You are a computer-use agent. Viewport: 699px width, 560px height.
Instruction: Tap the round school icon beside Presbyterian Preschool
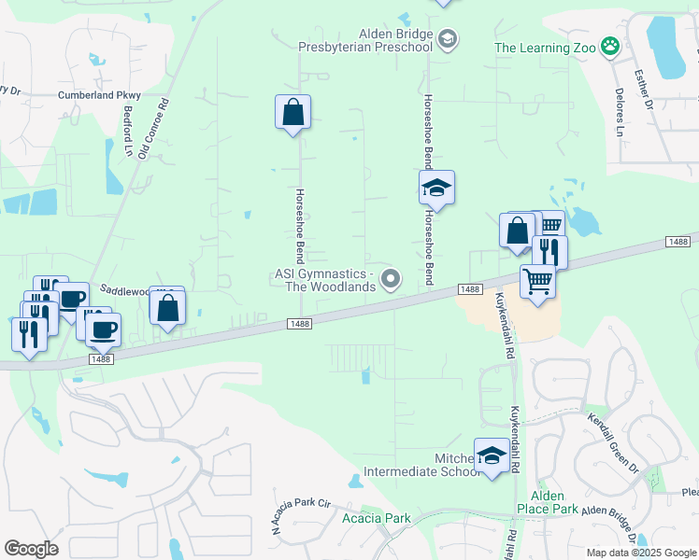(448, 37)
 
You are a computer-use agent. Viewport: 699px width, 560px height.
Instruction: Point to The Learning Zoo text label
(545, 47)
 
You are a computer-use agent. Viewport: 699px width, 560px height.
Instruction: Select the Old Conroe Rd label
(154, 128)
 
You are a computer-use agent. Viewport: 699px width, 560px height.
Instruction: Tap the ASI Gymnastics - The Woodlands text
(326, 280)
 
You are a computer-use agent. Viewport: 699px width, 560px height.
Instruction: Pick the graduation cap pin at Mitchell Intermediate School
(492, 455)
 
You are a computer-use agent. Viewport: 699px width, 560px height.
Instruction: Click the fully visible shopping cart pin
(537, 280)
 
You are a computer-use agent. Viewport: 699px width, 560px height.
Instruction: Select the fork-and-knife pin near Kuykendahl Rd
(549, 251)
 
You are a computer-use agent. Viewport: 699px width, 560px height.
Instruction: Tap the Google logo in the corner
(31, 549)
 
